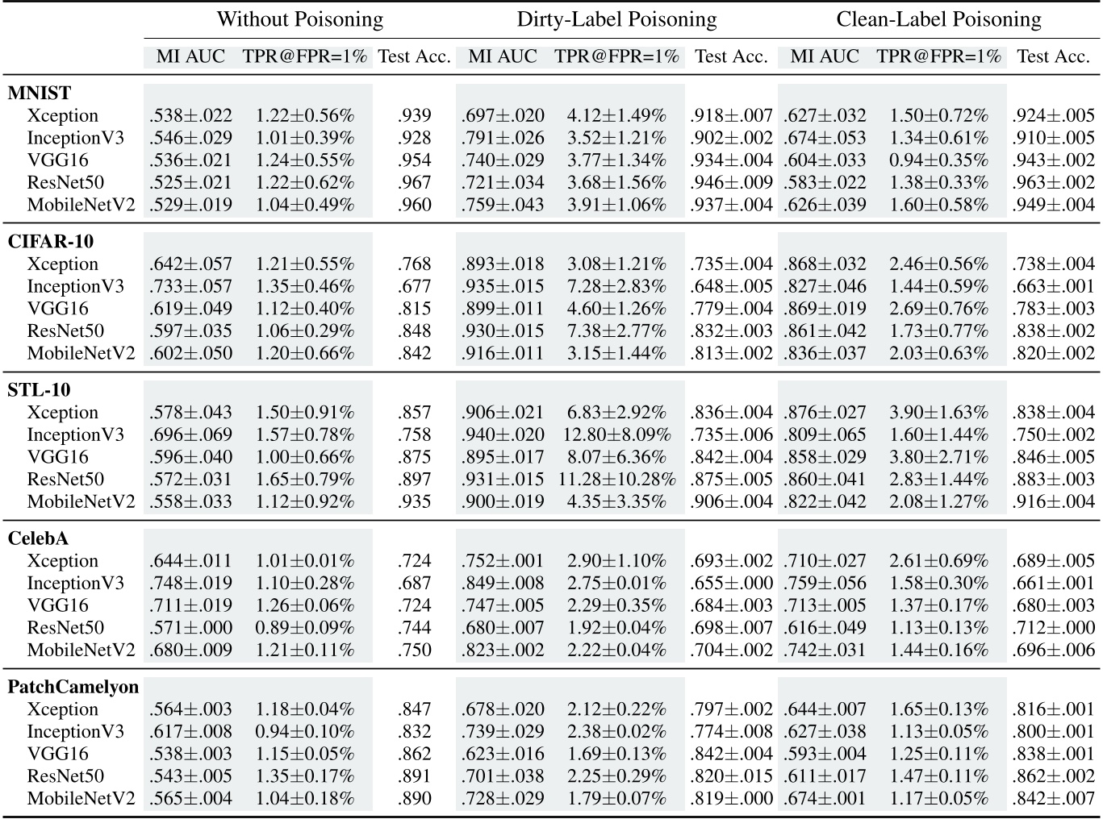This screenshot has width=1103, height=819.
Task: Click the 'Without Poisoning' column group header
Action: [x=299, y=19]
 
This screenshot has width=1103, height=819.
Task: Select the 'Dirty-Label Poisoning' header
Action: [x=616, y=19]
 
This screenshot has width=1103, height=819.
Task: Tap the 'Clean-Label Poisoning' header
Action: [x=938, y=19]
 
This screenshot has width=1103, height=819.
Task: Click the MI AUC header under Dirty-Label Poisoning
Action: [x=502, y=56]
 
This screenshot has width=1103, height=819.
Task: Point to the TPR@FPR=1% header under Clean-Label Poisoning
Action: [x=938, y=56]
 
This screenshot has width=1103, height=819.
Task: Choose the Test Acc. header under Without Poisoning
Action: [x=414, y=56]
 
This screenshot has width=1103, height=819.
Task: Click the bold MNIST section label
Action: [x=40, y=93]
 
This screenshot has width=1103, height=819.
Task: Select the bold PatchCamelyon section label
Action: [x=73, y=687]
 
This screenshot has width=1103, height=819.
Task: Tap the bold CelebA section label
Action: [x=39, y=538]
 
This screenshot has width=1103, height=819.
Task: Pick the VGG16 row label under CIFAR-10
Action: [x=57, y=309]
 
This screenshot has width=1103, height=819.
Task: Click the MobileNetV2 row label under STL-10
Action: [x=81, y=501]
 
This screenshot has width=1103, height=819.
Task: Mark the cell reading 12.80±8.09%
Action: [x=616, y=434]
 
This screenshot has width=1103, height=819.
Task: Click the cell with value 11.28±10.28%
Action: [x=616, y=480]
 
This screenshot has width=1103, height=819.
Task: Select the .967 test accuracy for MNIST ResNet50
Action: [x=414, y=183]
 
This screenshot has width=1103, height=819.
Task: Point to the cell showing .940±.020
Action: [x=503, y=434]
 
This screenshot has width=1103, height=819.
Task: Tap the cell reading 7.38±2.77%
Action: [x=616, y=331]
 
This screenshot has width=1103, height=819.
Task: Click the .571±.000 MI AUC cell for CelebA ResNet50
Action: [x=190, y=628]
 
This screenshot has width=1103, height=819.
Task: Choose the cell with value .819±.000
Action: [x=731, y=799]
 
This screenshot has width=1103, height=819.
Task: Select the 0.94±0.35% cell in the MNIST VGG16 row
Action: [x=938, y=160]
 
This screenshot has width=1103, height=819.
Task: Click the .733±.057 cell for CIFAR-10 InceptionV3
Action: [x=190, y=286]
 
